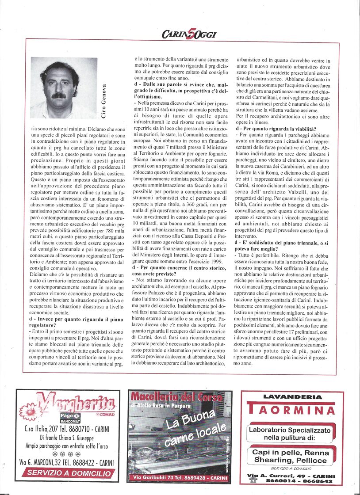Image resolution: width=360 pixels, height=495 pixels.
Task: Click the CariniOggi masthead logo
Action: [188, 34]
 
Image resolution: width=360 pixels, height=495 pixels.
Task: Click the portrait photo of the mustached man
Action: [64, 88]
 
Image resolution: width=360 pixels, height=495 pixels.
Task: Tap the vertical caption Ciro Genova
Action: [104, 101]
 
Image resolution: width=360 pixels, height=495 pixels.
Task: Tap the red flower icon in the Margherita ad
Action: [30, 410]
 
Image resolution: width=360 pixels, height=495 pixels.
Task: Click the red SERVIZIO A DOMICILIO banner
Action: [69, 473]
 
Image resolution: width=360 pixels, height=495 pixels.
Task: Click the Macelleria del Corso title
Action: [180, 397]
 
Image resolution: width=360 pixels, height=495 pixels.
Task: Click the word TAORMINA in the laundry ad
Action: [291, 410]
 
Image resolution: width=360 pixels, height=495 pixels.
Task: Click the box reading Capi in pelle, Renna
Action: [290, 456]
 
